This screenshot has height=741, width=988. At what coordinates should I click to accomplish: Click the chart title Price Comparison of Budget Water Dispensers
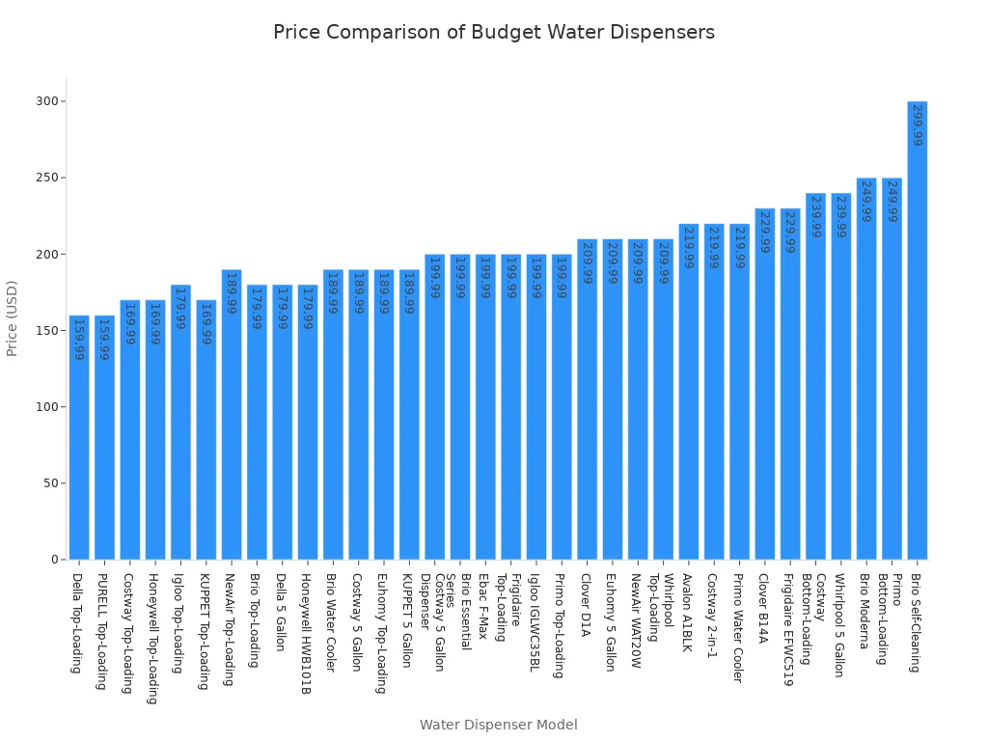click(493, 32)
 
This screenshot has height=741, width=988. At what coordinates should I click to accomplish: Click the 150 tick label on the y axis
click(46, 330)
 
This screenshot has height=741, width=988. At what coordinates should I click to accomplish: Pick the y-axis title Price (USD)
click(13, 318)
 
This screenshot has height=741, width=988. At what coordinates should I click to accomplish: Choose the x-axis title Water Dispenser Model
click(498, 725)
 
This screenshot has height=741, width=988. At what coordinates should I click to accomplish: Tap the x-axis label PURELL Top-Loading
click(104, 632)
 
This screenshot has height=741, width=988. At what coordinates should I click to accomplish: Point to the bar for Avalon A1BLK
click(688, 391)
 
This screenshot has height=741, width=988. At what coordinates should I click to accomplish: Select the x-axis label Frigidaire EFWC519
click(789, 630)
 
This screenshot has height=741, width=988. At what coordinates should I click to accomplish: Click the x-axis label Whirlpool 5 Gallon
click(840, 625)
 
